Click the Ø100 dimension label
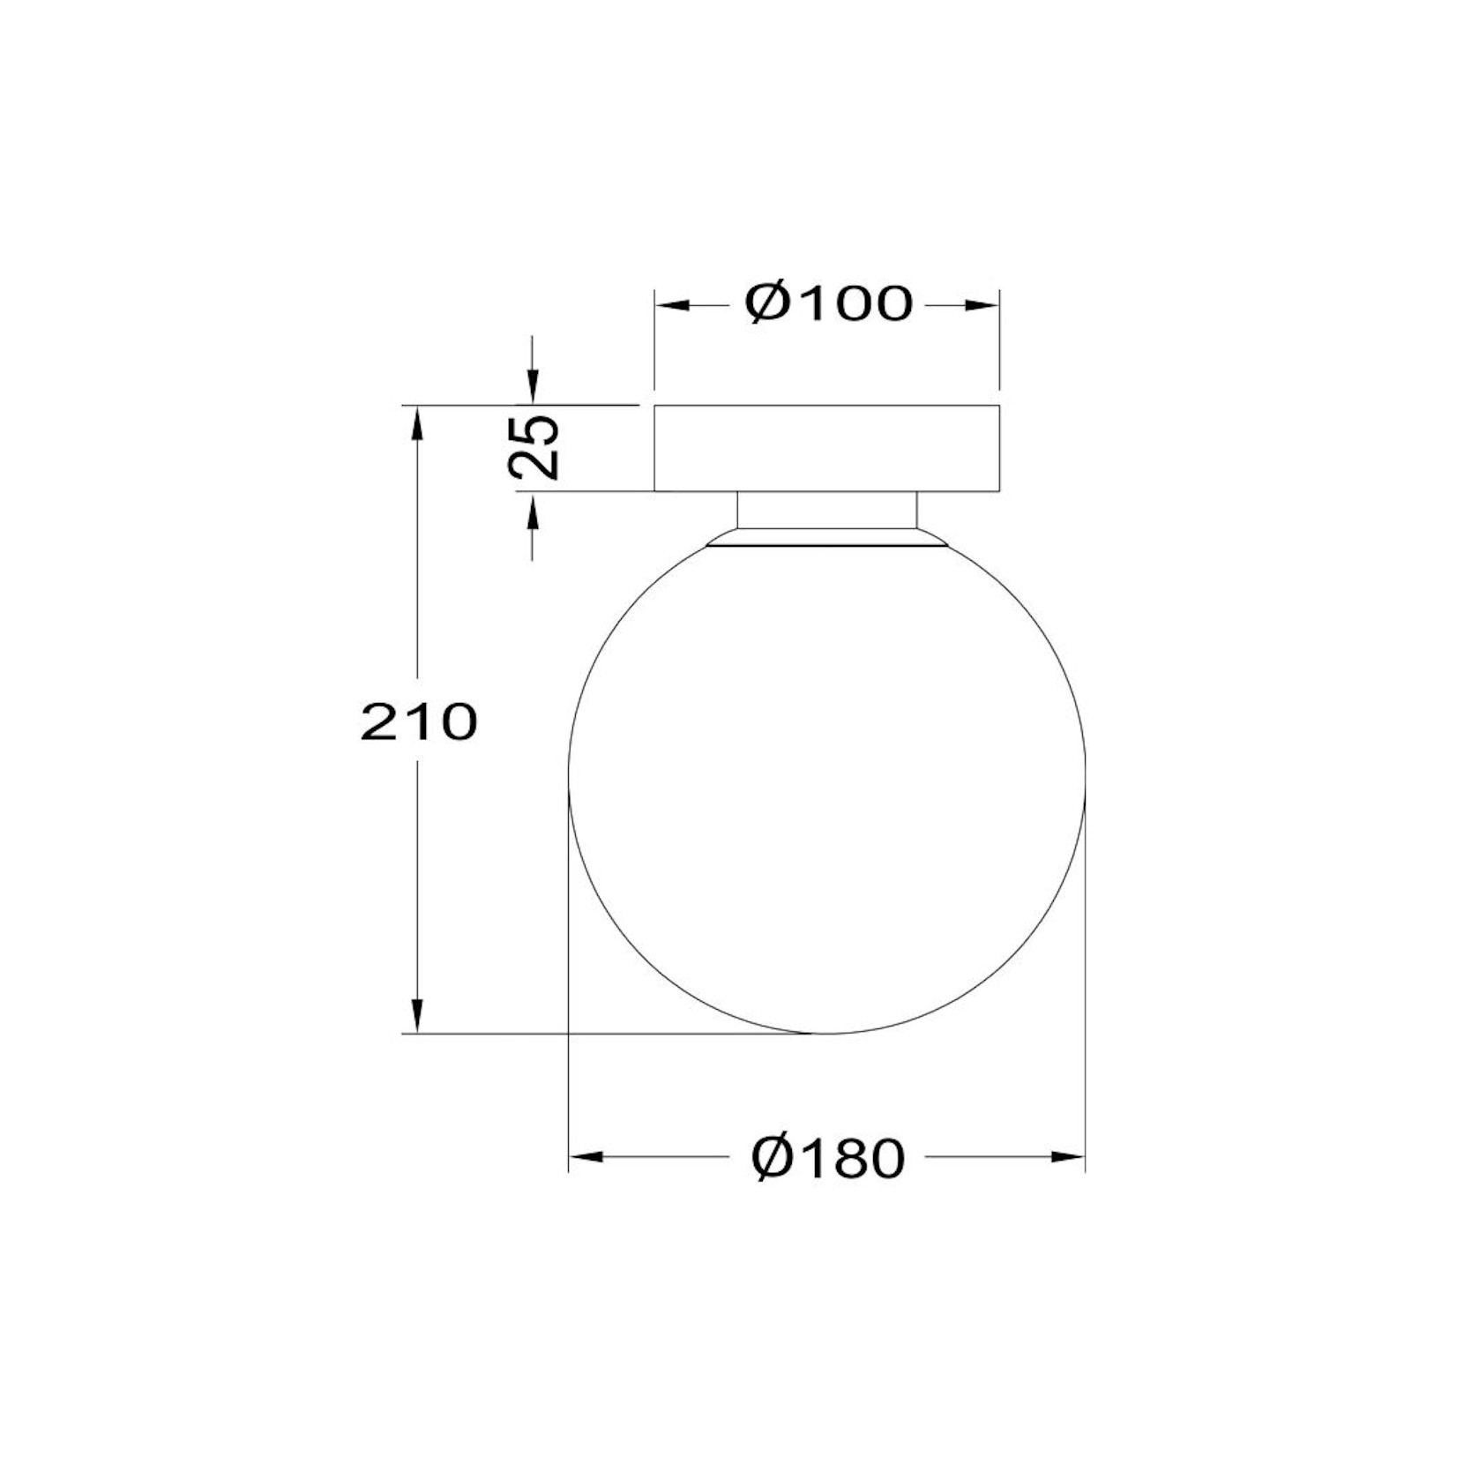click(828, 303)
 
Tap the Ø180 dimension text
click(828, 1157)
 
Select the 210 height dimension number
click(419, 722)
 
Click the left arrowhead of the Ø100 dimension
click(670, 305)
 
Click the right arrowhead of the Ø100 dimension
click(982, 305)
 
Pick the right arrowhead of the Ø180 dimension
click(1067, 1156)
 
